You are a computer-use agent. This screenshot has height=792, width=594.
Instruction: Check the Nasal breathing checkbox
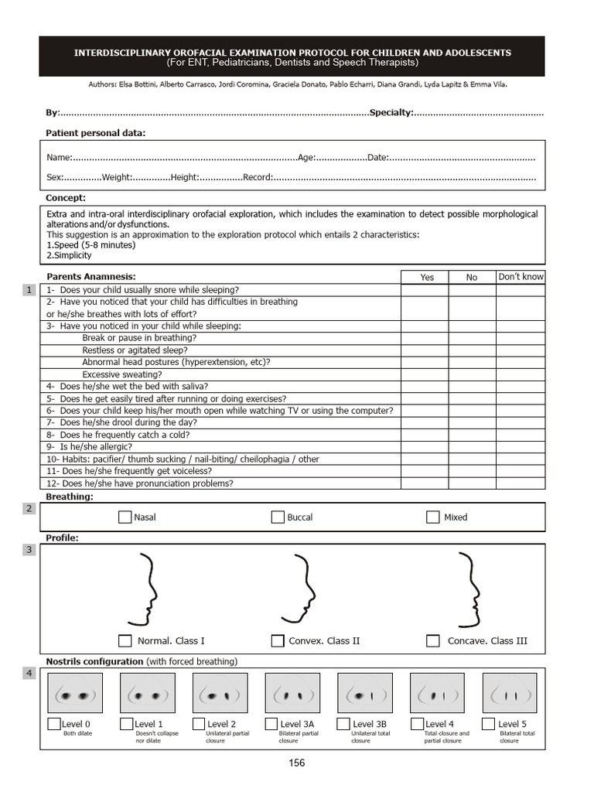pyautogui.click(x=125, y=517)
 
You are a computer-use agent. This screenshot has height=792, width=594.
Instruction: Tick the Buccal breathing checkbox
pyautogui.click(x=278, y=517)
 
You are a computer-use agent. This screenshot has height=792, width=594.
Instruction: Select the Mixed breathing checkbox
pyautogui.click(x=433, y=517)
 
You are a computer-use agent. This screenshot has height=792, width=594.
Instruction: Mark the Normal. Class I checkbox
pyautogui.click(x=125, y=640)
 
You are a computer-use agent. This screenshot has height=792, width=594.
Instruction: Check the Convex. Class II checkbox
pyautogui.click(x=278, y=640)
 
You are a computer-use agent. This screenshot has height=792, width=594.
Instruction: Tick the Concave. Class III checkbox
pyautogui.click(x=433, y=640)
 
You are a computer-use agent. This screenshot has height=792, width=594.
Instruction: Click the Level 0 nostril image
pyautogui.click(x=76, y=693)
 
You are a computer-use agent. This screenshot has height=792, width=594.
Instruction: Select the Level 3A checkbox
pyautogui.click(x=271, y=724)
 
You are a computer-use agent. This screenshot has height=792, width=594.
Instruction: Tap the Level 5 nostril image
pyautogui.click(x=510, y=693)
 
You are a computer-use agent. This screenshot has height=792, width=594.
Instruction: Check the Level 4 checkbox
pyautogui.click(x=417, y=724)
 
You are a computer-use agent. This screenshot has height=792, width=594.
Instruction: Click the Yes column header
pyautogui.click(x=427, y=277)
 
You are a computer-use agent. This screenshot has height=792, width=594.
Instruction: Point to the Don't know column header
pyautogui.click(x=521, y=277)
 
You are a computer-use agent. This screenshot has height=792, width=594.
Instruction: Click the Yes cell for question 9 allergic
pyautogui.click(x=424, y=446)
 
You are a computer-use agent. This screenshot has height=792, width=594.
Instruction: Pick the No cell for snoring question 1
pyautogui.click(x=472, y=289)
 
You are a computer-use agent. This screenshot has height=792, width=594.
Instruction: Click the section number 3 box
pyautogui.click(x=29, y=550)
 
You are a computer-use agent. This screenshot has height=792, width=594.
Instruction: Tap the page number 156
pyautogui.click(x=296, y=763)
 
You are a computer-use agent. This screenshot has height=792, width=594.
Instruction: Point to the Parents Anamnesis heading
pyautogui.click(x=90, y=276)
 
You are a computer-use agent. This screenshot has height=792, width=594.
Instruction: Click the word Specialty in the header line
pyautogui.click(x=391, y=113)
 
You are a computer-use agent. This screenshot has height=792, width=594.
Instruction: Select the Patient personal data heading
pyautogui.click(x=95, y=133)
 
